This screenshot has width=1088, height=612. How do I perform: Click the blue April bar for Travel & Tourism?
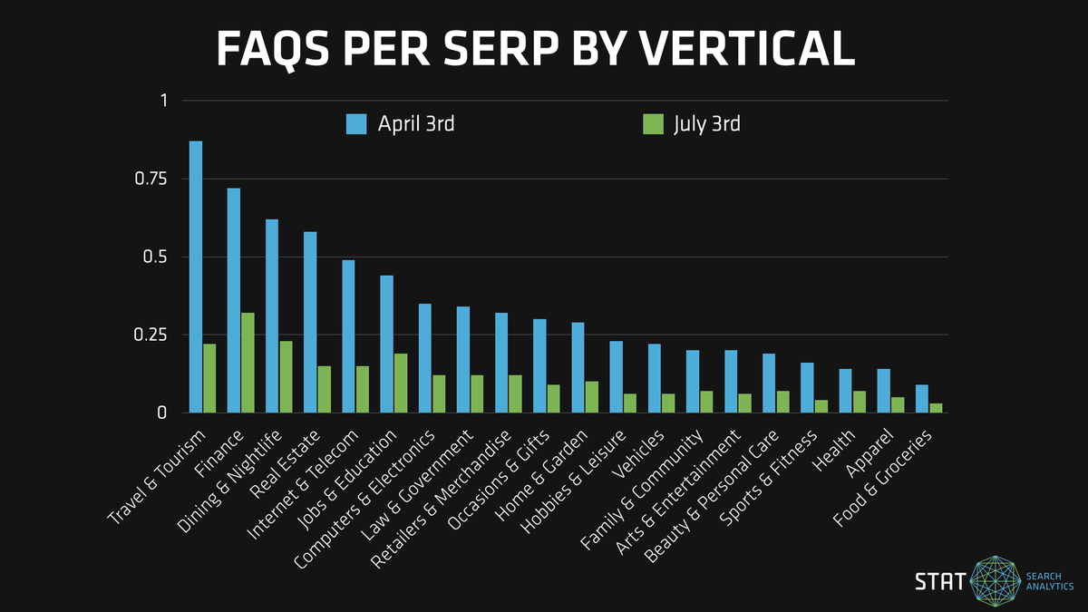coord(196,277)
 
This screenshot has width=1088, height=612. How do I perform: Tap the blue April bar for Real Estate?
coord(310,322)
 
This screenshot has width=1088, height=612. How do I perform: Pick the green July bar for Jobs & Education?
coord(401,383)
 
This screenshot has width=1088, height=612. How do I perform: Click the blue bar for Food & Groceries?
coord(922,399)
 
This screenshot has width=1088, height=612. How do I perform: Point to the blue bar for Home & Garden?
coord(578,367)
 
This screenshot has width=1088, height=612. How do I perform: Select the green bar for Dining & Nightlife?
coord(287,376)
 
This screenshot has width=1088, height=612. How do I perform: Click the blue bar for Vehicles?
coord(655,378)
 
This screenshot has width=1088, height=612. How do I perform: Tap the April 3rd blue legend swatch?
coord(356,124)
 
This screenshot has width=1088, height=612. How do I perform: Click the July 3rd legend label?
coord(706,124)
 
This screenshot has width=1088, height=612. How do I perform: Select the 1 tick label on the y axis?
coord(164,101)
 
